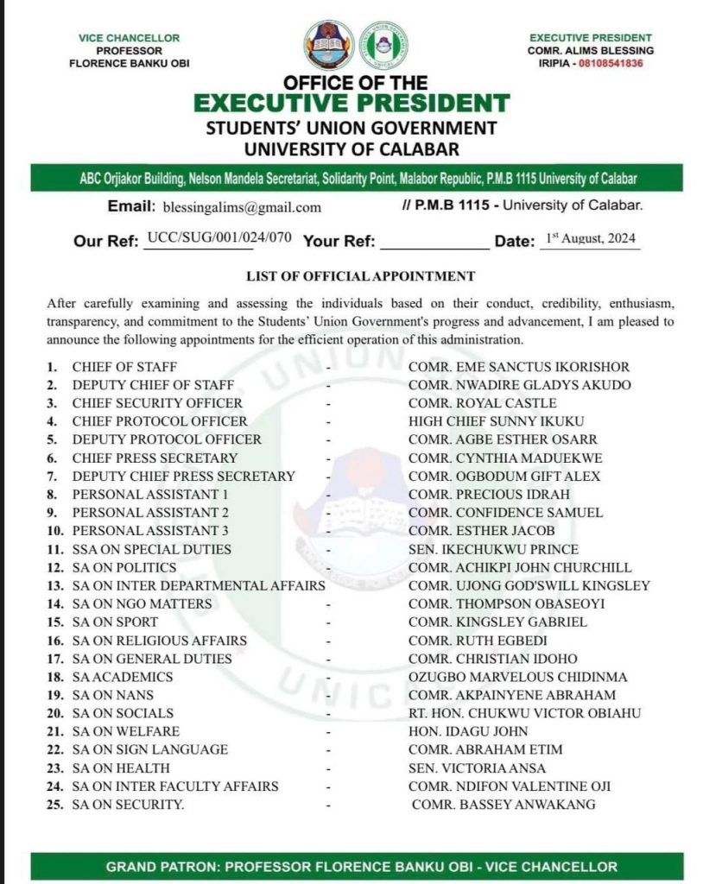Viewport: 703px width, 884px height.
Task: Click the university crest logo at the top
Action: tap(329, 46)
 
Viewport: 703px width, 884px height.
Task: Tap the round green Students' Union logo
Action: tap(383, 45)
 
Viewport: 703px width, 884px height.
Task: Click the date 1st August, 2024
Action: tap(592, 239)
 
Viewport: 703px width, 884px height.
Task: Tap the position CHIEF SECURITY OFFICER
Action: tap(157, 403)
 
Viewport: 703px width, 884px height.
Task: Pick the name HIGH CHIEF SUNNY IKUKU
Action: tap(497, 421)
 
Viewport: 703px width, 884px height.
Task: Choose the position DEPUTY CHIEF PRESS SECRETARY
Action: tap(183, 476)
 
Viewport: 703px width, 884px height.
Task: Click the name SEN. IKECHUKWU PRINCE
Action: tap(493, 549)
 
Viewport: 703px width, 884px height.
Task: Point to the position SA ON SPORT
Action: tap(115, 622)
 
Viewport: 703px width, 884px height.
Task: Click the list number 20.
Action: tap(56, 713)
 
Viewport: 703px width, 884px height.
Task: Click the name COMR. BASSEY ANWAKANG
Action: tap(503, 805)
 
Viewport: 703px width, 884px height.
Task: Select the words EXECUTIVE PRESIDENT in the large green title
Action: tap(351, 104)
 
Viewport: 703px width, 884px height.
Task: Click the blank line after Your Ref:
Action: tap(434, 242)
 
